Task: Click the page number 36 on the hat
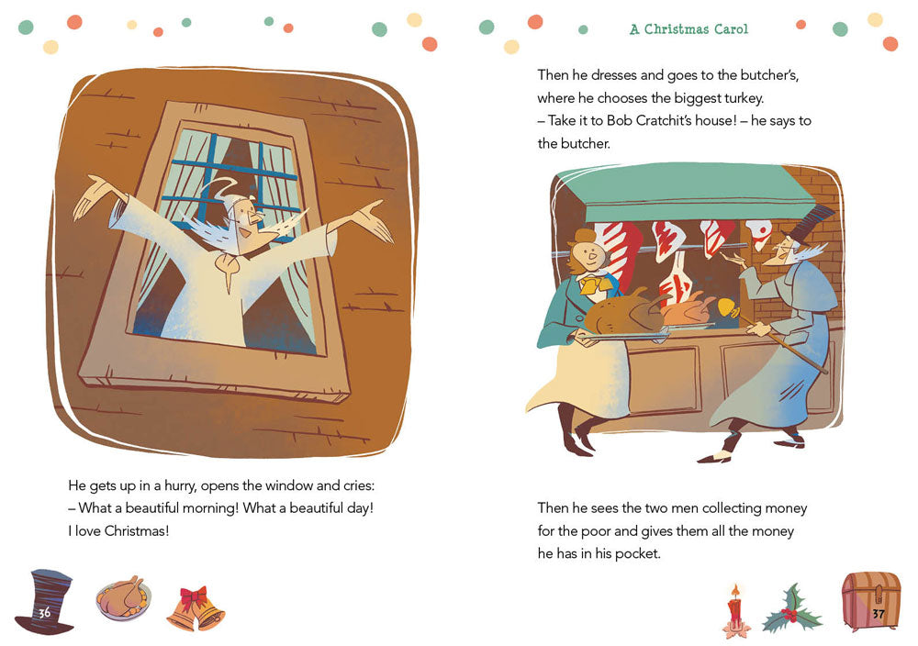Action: click(x=44, y=612)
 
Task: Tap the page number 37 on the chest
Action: click(x=879, y=612)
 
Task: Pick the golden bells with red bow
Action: click(x=195, y=608)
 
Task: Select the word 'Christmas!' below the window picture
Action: click(x=137, y=531)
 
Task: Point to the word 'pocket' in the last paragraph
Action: click(x=636, y=554)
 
